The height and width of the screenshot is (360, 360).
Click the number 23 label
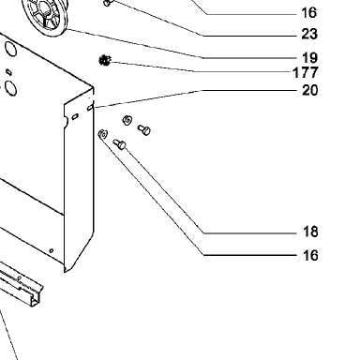coord(309,34)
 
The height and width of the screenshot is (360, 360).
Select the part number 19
coord(309,58)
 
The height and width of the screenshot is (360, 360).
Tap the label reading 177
coord(306,73)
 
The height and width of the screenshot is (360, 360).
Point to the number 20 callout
coord(309,90)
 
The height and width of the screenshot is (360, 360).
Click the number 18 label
coord(310,232)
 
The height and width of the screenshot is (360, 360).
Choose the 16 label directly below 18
coord(310,256)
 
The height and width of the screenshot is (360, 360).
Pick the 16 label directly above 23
coord(309,13)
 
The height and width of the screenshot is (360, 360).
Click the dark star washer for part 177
coord(105,60)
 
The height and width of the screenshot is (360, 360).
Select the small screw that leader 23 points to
coord(107,3)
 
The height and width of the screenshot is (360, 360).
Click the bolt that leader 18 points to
coord(120,144)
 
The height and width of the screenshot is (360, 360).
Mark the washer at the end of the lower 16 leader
coord(103,134)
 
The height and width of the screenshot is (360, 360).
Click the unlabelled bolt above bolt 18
coord(144,129)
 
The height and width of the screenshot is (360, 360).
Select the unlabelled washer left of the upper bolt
coord(127,120)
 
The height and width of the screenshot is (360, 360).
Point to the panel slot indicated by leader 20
coord(90,108)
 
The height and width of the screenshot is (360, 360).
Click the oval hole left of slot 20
coord(75,117)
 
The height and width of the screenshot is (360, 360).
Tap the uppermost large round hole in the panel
coord(10,49)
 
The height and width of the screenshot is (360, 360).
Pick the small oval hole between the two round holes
coord(9,72)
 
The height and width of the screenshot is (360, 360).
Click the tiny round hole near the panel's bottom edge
coord(52,250)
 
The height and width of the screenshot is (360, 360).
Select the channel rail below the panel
coord(21,284)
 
